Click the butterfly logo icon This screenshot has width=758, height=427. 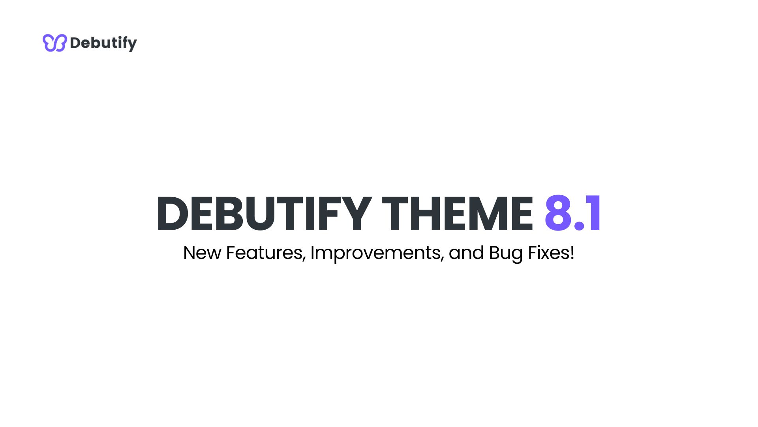point(54,43)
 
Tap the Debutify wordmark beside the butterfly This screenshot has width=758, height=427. point(103,43)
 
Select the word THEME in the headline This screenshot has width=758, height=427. point(457,213)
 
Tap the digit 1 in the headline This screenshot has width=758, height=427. point(594,213)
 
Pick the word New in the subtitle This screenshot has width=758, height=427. point(202,253)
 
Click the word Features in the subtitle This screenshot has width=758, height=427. point(266,253)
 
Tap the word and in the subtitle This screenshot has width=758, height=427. point(466,253)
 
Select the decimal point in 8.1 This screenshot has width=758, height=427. point(579,226)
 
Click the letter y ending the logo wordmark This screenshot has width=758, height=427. point(132,44)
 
